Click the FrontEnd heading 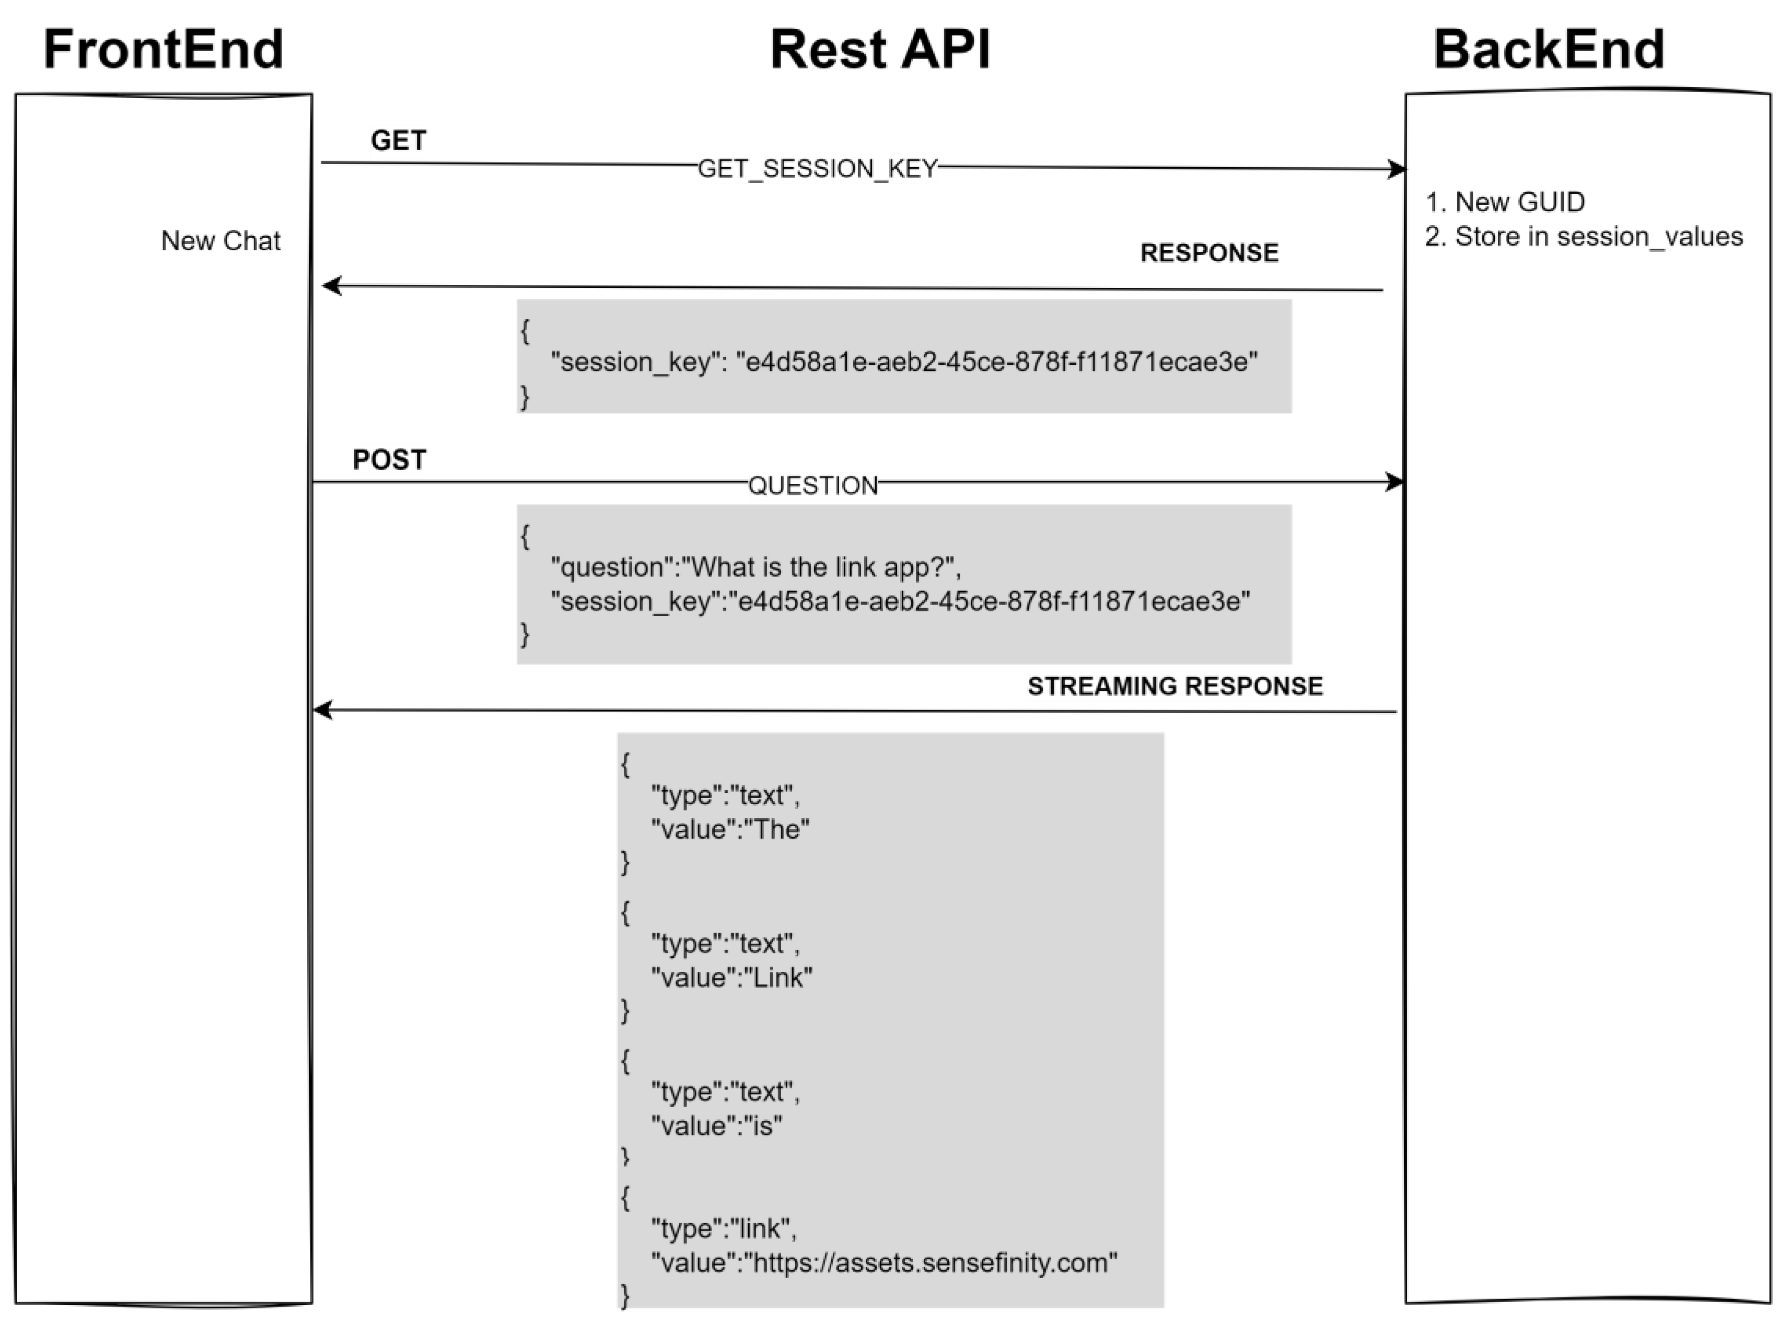point(164,50)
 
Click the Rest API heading point(880,50)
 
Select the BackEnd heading point(1549,50)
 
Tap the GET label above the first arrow point(398,141)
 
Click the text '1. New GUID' point(1504,202)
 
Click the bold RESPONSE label point(1209,253)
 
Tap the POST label point(389,460)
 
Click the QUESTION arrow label point(812,486)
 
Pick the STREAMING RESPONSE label point(1175,687)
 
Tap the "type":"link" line point(723,1228)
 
